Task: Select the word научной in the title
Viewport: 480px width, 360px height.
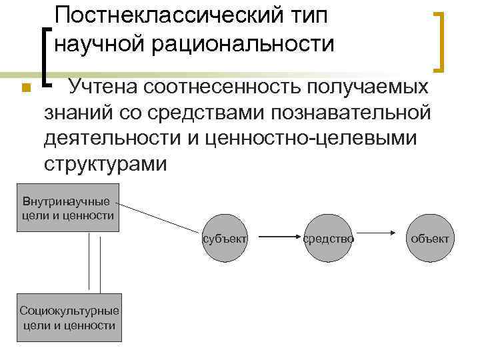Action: [x=99, y=44]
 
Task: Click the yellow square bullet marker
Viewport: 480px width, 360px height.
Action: [x=25, y=89]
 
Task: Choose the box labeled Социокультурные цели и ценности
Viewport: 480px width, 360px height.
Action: [x=69, y=319]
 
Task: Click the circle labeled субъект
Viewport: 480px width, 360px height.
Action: [x=226, y=238]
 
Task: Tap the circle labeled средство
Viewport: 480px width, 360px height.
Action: [x=329, y=238]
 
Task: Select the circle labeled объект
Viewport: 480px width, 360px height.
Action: [x=431, y=238]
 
